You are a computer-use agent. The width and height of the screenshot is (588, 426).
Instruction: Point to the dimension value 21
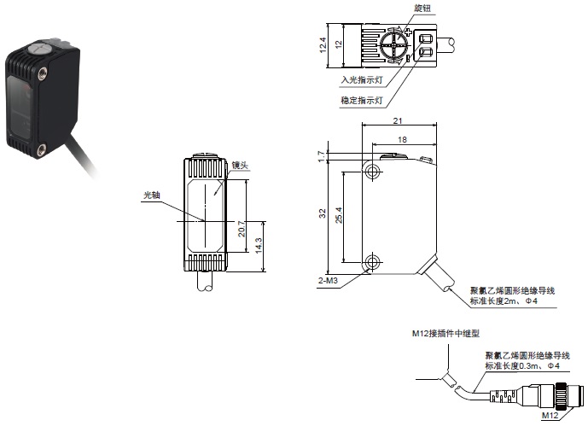pyautogui.click(x=398, y=121)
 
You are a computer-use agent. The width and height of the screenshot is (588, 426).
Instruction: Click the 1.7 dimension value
pyautogui.click(x=321, y=155)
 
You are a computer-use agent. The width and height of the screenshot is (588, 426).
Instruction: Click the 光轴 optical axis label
pyautogui.click(x=151, y=195)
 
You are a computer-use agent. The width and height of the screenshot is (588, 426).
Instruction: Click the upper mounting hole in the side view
pyautogui.click(x=372, y=172)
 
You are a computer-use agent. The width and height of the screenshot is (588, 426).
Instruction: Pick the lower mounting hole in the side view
pyautogui.click(x=372, y=260)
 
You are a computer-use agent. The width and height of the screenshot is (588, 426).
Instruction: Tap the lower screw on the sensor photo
pyautogui.click(x=44, y=153)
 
